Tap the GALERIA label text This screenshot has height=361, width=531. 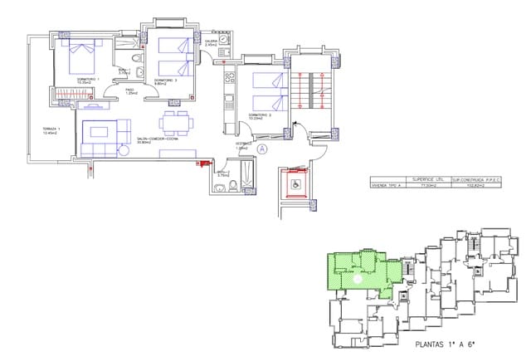pyautogui.click(x=210, y=40)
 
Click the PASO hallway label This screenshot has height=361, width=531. pyautogui.click(x=130, y=90)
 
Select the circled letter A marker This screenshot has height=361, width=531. pyautogui.click(x=261, y=149)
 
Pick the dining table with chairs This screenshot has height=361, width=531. pyautogui.click(x=176, y=123)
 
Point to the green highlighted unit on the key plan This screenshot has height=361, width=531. pyautogui.click(x=358, y=274)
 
